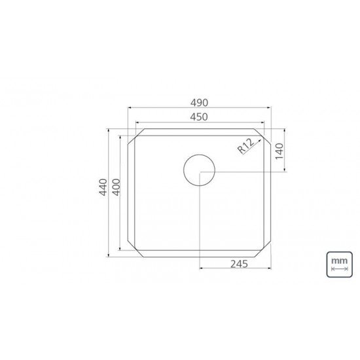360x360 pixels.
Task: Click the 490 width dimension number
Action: pos(199,103)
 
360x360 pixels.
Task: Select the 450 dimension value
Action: pos(199,117)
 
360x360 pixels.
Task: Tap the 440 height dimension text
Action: pos(101,192)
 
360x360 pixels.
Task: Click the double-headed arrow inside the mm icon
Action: pos(339,268)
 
